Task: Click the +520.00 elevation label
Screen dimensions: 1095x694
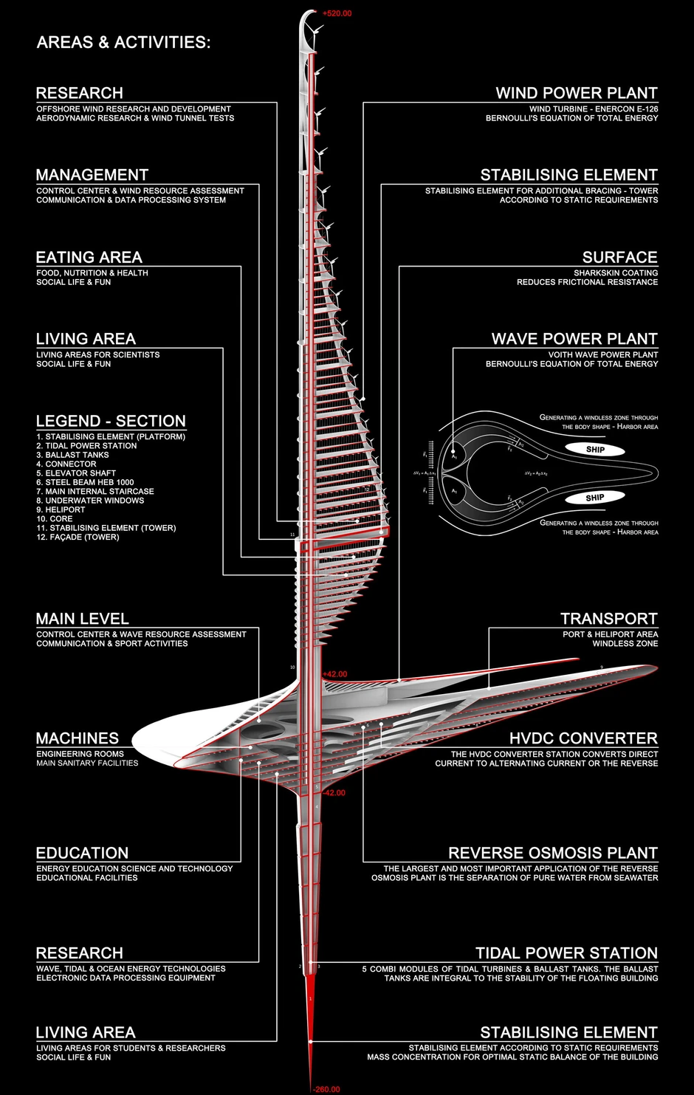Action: pos(337,13)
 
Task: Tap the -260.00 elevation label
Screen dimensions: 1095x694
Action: pos(326,1089)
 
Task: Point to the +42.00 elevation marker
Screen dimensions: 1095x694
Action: pos(334,674)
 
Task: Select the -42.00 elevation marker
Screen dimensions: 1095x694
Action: pos(334,793)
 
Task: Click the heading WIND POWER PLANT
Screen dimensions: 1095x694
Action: pos(576,93)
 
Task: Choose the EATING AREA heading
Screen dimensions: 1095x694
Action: pos(89,257)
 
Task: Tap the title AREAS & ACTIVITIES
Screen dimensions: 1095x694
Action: pos(123,42)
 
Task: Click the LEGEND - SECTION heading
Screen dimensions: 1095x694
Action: pos(111,421)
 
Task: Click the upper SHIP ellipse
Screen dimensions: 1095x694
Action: pos(595,450)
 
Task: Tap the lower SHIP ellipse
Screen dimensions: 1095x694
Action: pos(595,498)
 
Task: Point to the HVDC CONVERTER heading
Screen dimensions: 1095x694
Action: pos(583,738)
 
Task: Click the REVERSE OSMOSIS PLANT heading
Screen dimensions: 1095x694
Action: pos(552,853)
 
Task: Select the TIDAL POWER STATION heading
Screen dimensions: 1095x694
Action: pos(566,953)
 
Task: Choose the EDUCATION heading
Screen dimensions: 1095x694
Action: pos(82,853)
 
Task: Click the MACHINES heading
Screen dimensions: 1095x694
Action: pos(77,738)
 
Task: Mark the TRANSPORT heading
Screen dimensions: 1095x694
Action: pos(608,619)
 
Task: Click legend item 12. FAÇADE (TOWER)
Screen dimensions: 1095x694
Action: pos(78,537)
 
